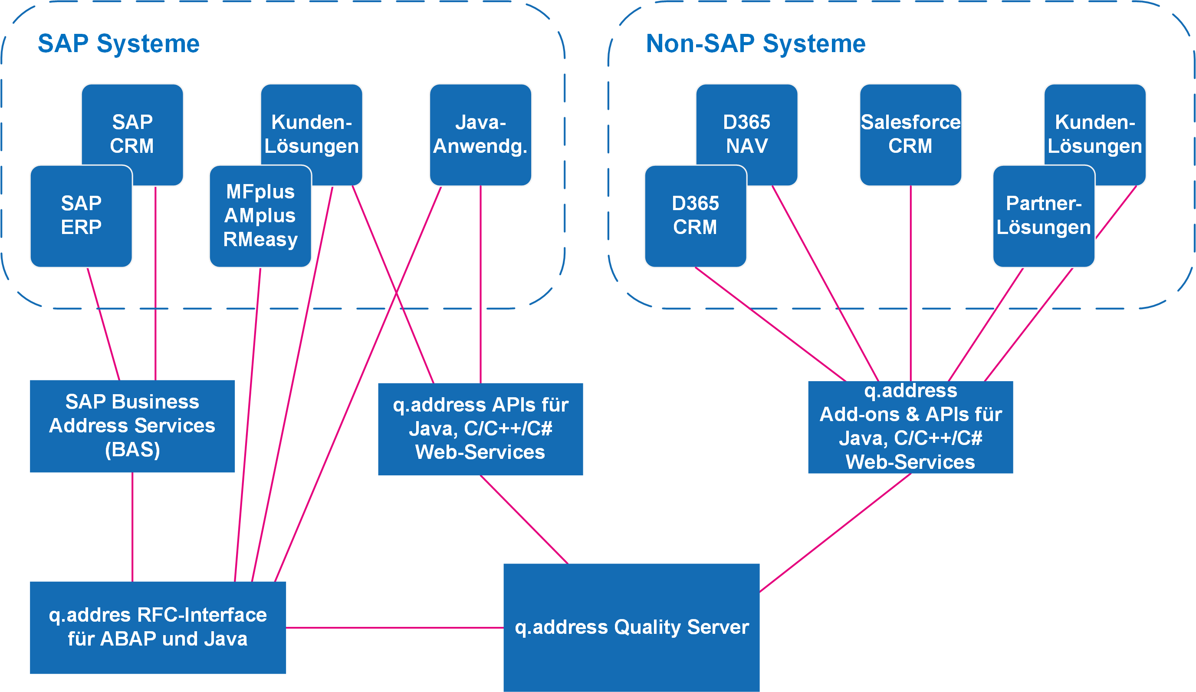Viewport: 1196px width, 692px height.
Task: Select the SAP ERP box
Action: click(81, 216)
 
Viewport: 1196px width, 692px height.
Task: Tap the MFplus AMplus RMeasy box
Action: click(260, 216)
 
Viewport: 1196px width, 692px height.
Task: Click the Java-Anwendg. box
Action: click(480, 135)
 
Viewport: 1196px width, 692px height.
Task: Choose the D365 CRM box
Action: click(695, 216)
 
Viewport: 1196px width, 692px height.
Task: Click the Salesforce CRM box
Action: click(911, 135)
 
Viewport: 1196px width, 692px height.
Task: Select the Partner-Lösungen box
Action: click(1044, 216)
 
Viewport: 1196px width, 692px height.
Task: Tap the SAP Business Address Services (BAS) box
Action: click(132, 426)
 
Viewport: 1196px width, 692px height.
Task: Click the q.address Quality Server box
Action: click(632, 627)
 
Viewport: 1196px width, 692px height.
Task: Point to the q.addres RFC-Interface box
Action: click(158, 627)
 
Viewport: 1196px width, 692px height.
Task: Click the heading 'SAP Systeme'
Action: click(118, 44)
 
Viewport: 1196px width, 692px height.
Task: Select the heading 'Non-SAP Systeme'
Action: click(756, 44)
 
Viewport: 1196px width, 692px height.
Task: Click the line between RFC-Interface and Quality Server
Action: click(395, 627)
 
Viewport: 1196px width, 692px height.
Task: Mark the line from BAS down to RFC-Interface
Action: click(132, 527)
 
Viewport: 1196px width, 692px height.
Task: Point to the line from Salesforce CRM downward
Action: click(911, 283)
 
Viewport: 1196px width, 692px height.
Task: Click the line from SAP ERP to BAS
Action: click(103, 324)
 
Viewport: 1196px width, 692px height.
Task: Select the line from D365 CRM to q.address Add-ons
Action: click(771, 324)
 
